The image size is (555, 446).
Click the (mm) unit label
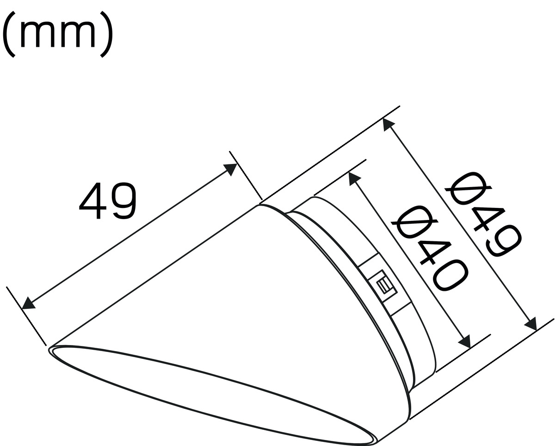coord(57,33)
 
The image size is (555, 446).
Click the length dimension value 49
coord(108,201)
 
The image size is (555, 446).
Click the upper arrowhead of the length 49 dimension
coord(230,170)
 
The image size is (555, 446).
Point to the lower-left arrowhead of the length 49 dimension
coord(28,303)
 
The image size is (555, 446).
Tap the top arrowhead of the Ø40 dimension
coord(354,179)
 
